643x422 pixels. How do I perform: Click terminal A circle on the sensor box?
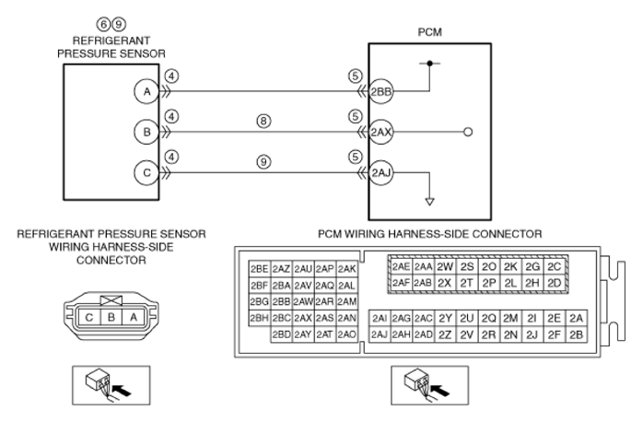click(146, 91)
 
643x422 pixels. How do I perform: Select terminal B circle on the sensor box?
click(146, 132)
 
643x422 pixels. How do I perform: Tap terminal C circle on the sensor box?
click(146, 172)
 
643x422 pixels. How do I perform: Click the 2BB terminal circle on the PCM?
click(381, 91)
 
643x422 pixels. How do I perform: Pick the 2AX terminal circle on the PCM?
click(381, 132)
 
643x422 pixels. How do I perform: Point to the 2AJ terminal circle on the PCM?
click(381, 172)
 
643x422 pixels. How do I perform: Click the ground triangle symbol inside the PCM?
click(429, 202)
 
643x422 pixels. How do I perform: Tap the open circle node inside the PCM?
click(468, 132)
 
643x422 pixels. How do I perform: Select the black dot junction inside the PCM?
click(429, 64)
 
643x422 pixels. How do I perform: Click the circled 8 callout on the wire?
click(263, 121)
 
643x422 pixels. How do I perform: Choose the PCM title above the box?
click(430, 32)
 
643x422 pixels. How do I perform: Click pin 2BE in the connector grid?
click(259, 269)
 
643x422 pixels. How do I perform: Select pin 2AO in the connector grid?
click(347, 334)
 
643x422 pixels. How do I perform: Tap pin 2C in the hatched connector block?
click(554, 267)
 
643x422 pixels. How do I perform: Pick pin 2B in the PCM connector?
click(576, 335)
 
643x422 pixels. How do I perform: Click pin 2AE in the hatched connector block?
click(401, 267)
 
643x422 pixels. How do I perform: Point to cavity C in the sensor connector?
click(89, 318)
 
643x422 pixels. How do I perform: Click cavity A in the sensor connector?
click(134, 318)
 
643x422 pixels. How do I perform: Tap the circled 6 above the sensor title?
click(104, 24)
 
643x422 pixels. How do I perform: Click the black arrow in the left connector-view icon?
click(122, 390)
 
